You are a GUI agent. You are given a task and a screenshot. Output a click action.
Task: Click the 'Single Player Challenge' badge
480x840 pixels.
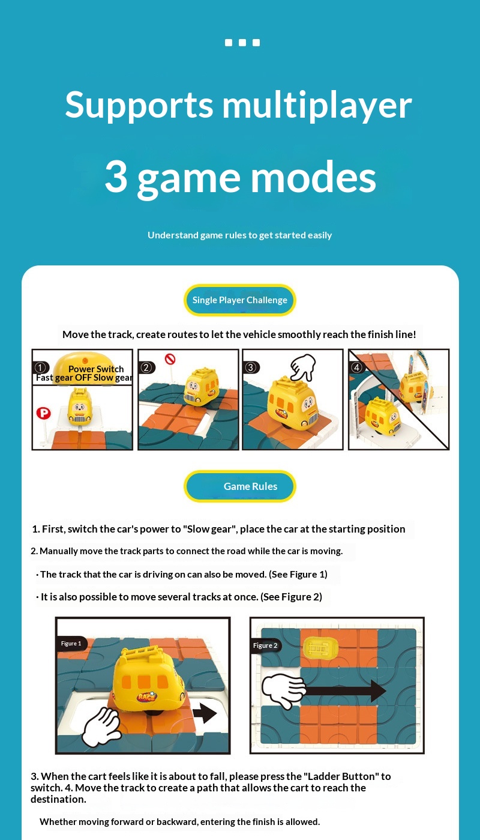click(240, 300)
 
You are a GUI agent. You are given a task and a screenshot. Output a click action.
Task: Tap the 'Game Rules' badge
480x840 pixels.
click(240, 486)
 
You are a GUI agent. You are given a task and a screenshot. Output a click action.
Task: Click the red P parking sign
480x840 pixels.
click(43, 413)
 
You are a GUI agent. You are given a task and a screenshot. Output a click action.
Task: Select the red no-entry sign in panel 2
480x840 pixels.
click(170, 359)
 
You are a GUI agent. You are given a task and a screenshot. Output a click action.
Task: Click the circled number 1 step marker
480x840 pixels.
click(41, 367)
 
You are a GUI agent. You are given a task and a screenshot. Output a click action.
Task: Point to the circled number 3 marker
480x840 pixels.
click(251, 367)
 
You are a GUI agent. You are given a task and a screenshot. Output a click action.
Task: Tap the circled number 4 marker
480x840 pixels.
click(357, 367)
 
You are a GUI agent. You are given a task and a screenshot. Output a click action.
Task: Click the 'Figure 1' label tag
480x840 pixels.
click(71, 644)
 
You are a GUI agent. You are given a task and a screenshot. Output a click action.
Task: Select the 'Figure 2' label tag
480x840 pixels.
click(265, 645)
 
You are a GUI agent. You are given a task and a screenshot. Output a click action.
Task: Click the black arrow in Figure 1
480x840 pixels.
click(205, 713)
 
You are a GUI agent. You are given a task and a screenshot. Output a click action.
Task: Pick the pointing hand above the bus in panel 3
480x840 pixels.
click(304, 367)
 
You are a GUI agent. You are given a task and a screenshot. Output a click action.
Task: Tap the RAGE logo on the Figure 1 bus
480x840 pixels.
click(147, 696)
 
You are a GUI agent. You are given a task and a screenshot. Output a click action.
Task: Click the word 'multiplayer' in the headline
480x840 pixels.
click(317, 106)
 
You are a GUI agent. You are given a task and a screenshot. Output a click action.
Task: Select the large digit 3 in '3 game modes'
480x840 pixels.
click(116, 177)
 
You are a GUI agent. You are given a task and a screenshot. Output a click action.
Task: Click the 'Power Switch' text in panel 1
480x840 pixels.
click(96, 369)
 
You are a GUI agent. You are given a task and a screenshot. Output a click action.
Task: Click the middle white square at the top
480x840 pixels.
click(242, 43)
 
